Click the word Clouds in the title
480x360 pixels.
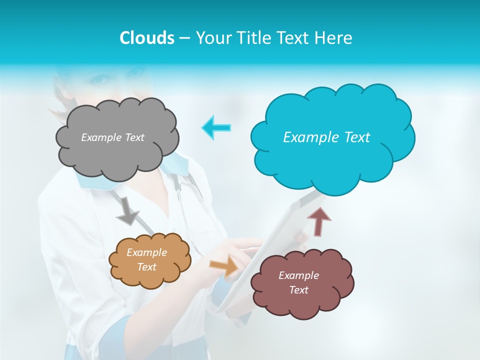coord(146,38)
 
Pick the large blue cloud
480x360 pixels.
coord(332,160)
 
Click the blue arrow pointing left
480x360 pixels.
coord(216,127)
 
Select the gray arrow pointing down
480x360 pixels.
coord(127,211)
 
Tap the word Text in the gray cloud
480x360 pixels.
coord(134,137)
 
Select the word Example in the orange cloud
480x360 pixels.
coord(146,252)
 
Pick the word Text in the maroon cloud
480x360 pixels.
coord(299,290)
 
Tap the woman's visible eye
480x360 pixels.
coord(100,78)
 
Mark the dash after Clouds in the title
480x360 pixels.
coord(185,38)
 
